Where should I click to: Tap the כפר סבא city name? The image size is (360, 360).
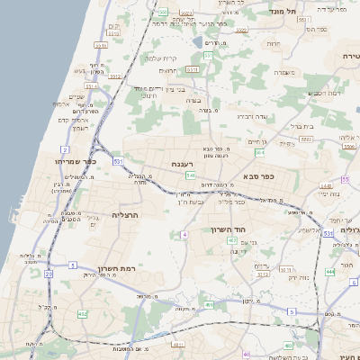click(258, 176)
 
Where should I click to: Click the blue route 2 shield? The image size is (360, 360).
click(65, 149)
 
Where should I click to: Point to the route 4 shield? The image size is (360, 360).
click(184, 234)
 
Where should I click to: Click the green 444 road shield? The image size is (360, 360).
click(330, 271)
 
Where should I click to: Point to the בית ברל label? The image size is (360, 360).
click(303, 126)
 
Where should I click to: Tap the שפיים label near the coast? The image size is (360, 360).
click(76, 97)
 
